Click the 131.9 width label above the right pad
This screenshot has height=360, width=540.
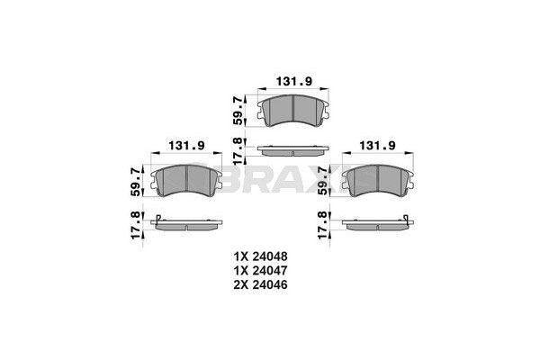coord(379,146)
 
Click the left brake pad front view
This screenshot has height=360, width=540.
coord(189,182)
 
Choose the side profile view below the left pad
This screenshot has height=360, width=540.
coord(189,222)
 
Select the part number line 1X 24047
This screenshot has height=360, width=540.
coord(267,271)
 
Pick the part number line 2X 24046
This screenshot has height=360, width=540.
coord(267,285)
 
